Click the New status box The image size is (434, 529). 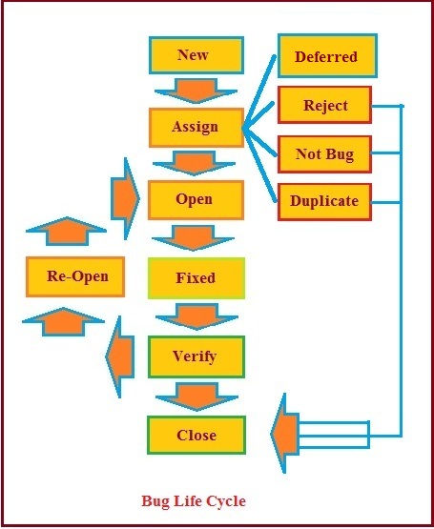(x=193, y=55)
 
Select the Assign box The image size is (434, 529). (x=195, y=127)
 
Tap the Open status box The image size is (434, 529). (x=194, y=200)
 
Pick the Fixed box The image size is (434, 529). (x=196, y=278)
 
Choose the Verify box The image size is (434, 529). (x=195, y=356)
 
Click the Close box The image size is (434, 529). (x=196, y=436)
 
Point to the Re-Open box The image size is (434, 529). (x=77, y=277)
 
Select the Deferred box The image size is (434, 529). (x=325, y=56)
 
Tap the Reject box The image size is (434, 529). (x=325, y=106)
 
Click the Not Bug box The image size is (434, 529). (x=325, y=154)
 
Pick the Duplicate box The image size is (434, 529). (x=325, y=201)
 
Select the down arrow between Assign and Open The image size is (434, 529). (x=194, y=163)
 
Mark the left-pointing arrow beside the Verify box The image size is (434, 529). (x=120, y=356)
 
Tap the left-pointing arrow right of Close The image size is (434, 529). (x=286, y=435)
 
